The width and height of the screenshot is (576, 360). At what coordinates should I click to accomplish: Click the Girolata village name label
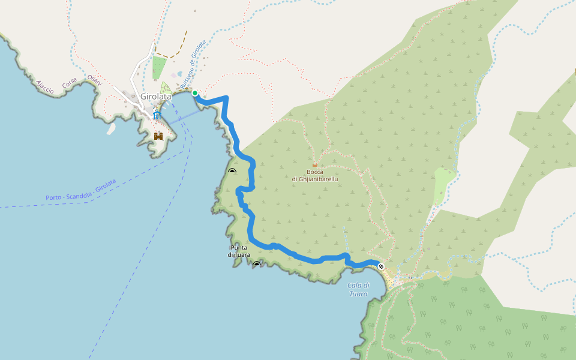point(155,96)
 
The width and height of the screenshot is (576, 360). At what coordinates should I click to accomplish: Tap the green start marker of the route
point(195,93)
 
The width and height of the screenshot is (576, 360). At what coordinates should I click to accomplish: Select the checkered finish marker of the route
point(381,266)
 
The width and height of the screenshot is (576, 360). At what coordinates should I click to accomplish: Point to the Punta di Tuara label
point(239,251)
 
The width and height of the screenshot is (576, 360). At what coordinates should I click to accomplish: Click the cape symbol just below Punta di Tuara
point(257,264)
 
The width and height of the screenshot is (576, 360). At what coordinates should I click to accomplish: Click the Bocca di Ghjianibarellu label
point(315,175)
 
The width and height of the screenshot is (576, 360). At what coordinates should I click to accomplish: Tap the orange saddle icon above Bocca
point(315,165)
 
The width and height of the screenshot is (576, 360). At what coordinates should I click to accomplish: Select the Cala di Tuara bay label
point(358,289)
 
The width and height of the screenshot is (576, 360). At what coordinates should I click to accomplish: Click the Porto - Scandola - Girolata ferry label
point(80,190)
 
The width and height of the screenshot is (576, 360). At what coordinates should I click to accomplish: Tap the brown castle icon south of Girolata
point(158,136)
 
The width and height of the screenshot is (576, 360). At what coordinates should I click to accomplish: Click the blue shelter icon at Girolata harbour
point(157,115)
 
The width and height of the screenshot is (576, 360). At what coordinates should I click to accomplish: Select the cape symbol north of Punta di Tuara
point(232,171)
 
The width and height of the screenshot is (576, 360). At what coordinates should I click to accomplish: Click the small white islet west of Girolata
point(111,128)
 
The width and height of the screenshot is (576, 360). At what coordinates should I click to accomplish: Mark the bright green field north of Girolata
point(158,67)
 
